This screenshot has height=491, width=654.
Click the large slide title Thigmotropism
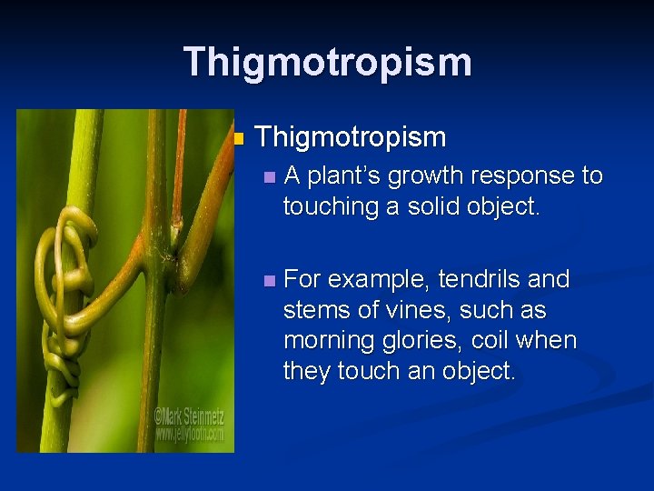pos(327,63)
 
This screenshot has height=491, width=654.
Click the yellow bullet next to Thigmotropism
pos(239,139)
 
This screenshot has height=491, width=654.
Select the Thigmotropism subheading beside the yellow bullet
pos(351,137)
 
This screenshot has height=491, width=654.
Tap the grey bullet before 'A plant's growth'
pos(267,176)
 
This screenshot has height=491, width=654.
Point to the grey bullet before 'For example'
pos(267,280)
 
